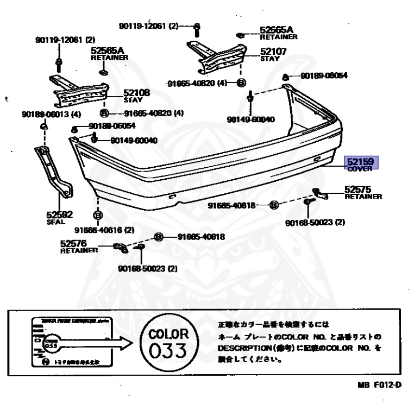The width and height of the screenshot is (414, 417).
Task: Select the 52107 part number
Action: click(273, 52)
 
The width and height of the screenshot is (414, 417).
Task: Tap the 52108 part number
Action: click(136, 93)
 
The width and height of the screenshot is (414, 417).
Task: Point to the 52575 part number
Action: click(358, 189)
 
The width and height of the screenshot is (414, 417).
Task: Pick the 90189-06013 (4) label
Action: click(52, 115)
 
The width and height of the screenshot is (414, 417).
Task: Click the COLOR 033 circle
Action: click(168, 343)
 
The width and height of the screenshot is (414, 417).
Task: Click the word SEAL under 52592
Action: click(55, 222)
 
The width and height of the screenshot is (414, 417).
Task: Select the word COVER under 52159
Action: click(359, 169)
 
